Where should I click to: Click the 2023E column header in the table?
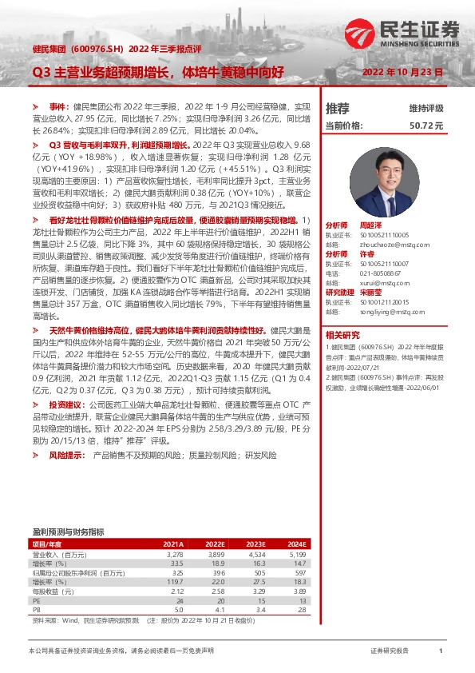253,544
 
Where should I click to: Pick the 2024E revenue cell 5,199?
295,553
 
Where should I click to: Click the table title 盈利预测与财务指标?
68,532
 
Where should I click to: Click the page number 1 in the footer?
441,651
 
